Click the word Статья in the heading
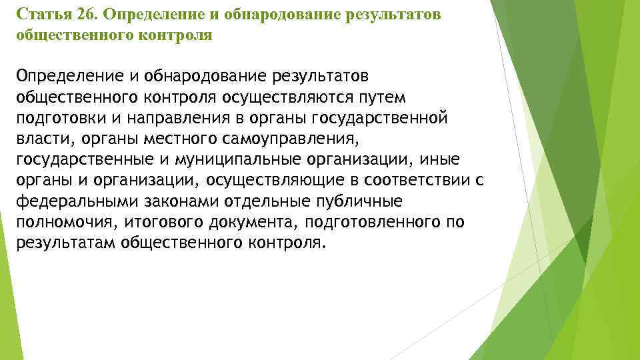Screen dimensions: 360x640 (x=39, y=15)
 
